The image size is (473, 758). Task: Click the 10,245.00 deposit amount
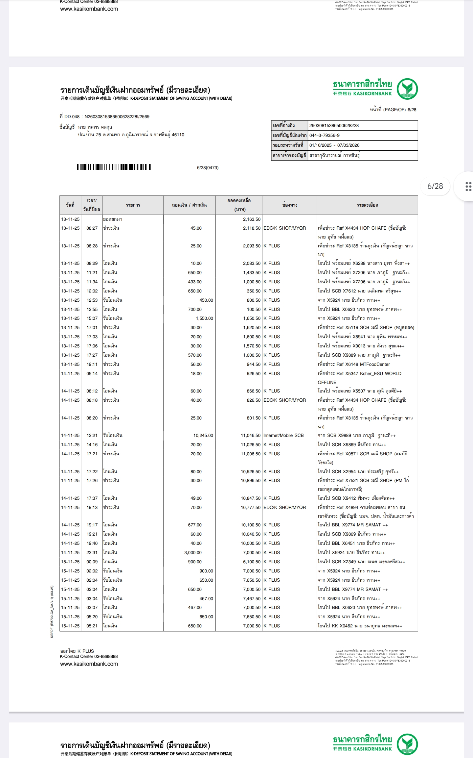(x=203, y=435)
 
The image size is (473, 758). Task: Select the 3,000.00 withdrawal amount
(x=193, y=552)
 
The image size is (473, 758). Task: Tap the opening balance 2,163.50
(x=252, y=219)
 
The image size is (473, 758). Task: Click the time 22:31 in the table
(x=92, y=552)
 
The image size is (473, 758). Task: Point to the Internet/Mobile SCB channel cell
(x=283, y=435)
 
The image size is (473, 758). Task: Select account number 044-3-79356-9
(x=325, y=135)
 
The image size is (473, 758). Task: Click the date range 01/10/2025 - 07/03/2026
(x=334, y=145)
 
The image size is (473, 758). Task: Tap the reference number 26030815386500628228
(x=334, y=125)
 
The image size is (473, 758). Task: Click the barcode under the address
(x=114, y=167)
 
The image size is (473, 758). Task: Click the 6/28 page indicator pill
(x=435, y=186)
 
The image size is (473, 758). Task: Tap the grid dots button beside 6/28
(x=468, y=186)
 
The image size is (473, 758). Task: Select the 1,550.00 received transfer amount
(x=204, y=318)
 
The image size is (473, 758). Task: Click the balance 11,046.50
(x=251, y=435)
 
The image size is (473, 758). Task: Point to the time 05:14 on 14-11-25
(x=92, y=373)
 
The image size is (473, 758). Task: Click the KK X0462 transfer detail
(x=360, y=626)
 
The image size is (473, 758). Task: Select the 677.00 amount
(x=195, y=525)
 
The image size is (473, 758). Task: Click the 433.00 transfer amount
(x=195, y=282)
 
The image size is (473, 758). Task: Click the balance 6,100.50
(x=252, y=562)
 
